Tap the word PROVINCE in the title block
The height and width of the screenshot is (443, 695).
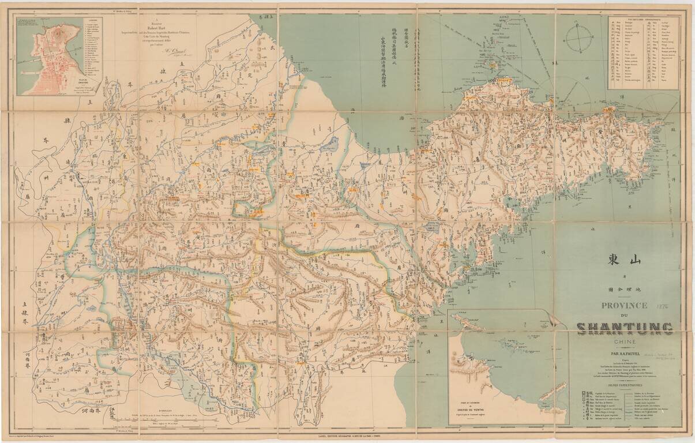[624, 306]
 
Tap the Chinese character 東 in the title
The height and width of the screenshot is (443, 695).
[611, 260]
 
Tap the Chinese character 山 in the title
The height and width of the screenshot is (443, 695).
[634, 260]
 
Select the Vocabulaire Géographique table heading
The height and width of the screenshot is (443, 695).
[644, 19]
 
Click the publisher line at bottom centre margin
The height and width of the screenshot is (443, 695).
[346, 437]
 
